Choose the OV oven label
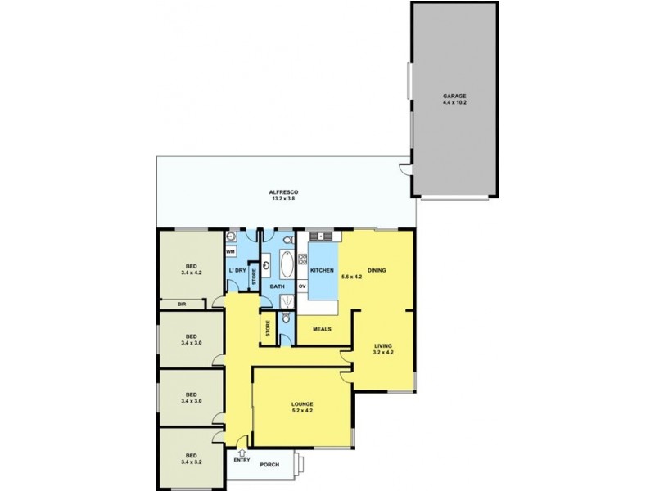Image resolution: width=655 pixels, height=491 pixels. (302, 286)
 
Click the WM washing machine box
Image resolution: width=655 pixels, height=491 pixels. (231, 252)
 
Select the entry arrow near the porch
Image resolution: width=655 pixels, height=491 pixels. (242, 453)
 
